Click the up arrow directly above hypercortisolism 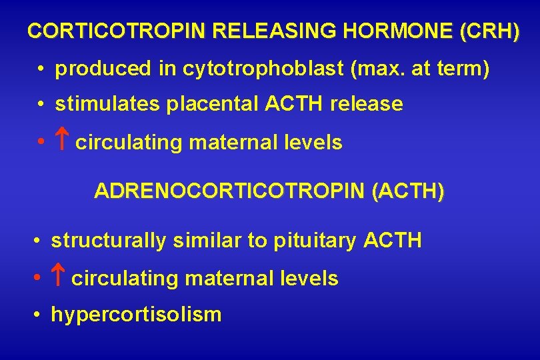tap(59, 278)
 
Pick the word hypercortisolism tap(136, 314)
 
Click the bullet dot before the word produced tap(41, 69)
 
